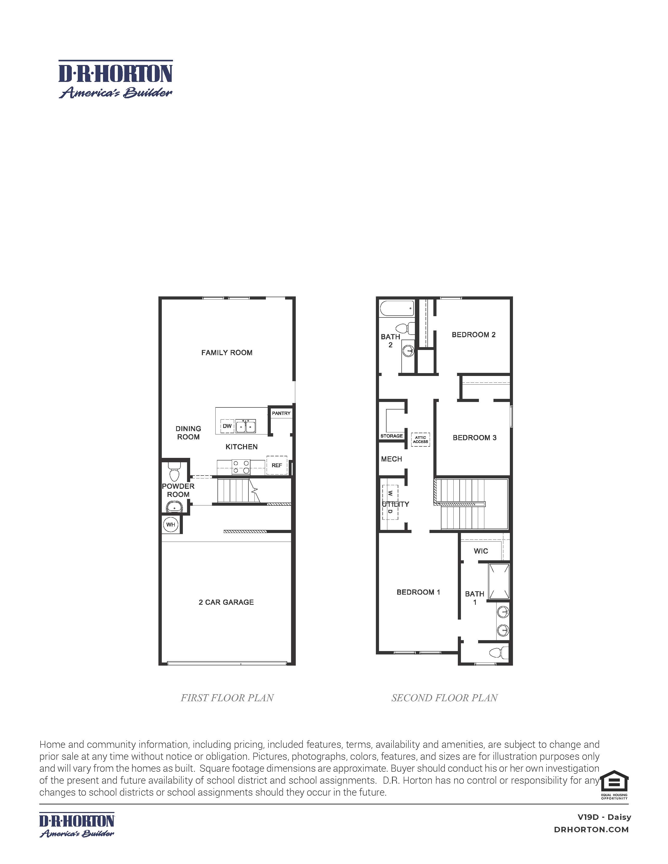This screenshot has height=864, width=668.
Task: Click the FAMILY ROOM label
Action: [x=227, y=353]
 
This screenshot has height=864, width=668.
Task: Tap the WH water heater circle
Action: [x=171, y=525]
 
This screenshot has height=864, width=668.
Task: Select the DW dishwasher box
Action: [x=227, y=426]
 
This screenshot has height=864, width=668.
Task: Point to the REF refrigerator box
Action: [x=277, y=465]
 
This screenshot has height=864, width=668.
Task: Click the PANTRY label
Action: [x=281, y=413]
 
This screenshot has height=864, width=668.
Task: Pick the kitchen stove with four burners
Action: [x=241, y=467]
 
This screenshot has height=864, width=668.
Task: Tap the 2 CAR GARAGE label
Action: [x=226, y=602]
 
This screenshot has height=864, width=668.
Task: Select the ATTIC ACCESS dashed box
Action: [x=420, y=439]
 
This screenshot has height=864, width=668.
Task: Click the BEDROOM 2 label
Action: [x=473, y=335]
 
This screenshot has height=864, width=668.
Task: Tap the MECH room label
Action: [x=391, y=459]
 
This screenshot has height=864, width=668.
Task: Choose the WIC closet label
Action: [x=481, y=551]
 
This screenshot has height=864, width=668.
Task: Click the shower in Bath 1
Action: [x=499, y=582]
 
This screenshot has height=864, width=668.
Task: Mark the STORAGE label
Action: [x=391, y=436]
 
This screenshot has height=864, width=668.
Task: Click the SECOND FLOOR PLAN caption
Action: [x=444, y=698]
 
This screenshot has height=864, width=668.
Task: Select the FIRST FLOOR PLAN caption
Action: [x=227, y=698]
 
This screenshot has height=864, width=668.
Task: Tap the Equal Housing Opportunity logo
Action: [x=614, y=784]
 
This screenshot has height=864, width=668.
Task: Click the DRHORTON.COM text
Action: [x=591, y=830]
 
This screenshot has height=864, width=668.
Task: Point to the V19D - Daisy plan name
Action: [x=604, y=817]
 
